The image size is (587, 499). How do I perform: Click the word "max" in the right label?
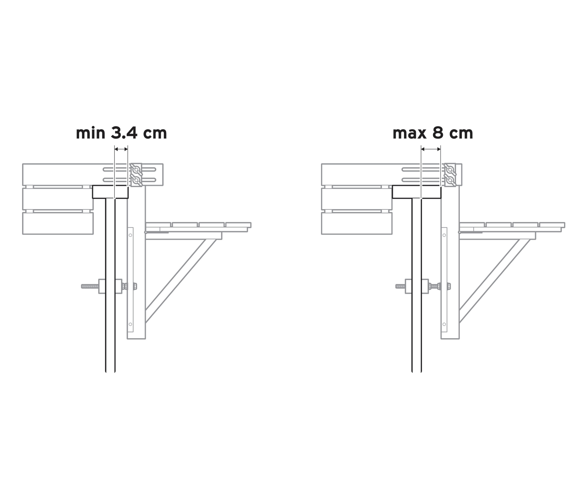click(x=409, y=133)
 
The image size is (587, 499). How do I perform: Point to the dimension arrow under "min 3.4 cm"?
click(x=121, y=149)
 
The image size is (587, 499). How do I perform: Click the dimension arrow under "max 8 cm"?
click(x=431, y=149)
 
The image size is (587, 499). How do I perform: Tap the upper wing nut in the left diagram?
click(x=136, y=169)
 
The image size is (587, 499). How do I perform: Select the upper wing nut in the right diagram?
click(x=450, y=169)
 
